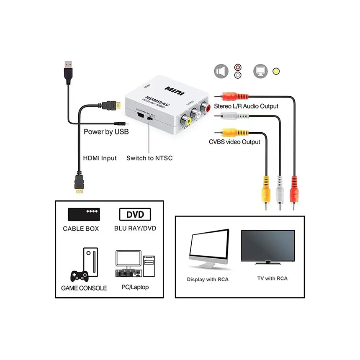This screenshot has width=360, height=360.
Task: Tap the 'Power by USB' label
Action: point(106,132)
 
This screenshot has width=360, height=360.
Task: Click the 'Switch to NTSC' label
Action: point(149,158)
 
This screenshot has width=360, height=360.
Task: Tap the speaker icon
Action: point(221,71)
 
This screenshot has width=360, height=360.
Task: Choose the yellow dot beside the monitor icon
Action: point(275,71)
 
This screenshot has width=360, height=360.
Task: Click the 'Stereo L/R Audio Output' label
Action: point(246,106)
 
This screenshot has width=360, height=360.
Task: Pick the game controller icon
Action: point(79,275)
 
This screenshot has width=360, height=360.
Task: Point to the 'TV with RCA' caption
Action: point(272,278)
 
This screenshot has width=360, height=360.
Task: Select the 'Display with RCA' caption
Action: point(208,279)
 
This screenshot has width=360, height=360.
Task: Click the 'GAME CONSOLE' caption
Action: point(84,288)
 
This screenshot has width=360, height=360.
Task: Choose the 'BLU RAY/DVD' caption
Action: point(135,229)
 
